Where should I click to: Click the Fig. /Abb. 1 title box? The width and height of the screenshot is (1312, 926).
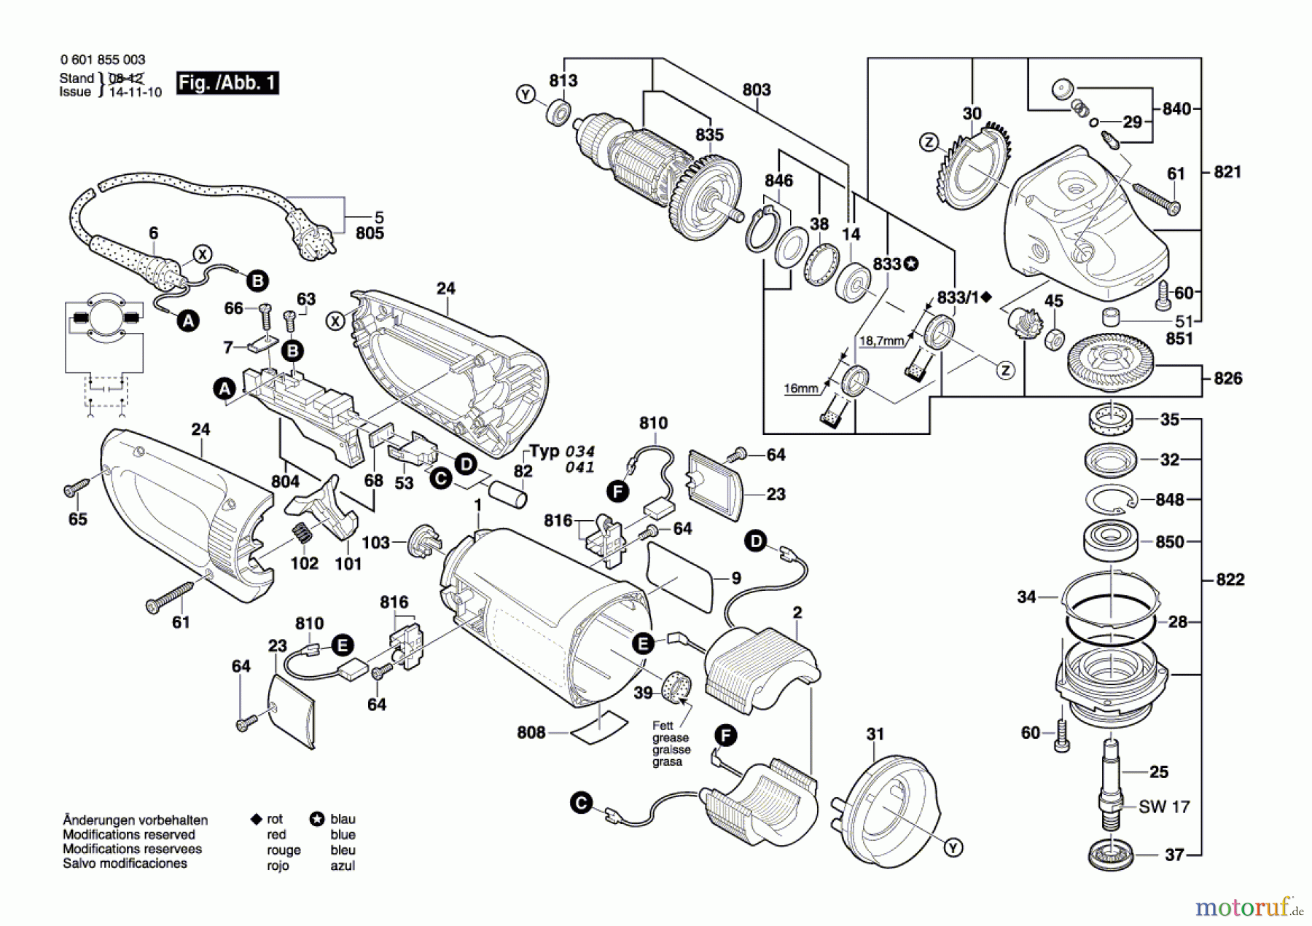[227, 83]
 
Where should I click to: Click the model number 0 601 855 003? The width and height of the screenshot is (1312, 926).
[103, 60]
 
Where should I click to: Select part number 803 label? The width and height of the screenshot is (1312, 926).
[757, 90]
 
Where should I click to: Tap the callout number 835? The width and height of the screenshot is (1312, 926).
[709, 135]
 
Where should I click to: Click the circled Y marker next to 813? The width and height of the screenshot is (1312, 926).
[526, 94]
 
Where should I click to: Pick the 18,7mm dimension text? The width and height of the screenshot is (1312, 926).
[881, 340]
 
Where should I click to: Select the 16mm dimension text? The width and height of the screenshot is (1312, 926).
[800, 388]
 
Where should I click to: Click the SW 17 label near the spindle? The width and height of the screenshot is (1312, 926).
[1164, 807]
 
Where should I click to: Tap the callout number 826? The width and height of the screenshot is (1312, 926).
[1228, 378]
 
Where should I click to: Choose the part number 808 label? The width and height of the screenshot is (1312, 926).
[531, 732]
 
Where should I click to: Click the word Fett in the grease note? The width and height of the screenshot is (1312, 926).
[663, 726]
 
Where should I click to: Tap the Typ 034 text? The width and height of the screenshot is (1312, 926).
[562, 452]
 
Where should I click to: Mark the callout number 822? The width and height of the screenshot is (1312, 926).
[1230, 579]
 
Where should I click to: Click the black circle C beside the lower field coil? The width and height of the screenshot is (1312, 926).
[581, 804]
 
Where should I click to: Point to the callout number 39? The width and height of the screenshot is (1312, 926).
[642, 692]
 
